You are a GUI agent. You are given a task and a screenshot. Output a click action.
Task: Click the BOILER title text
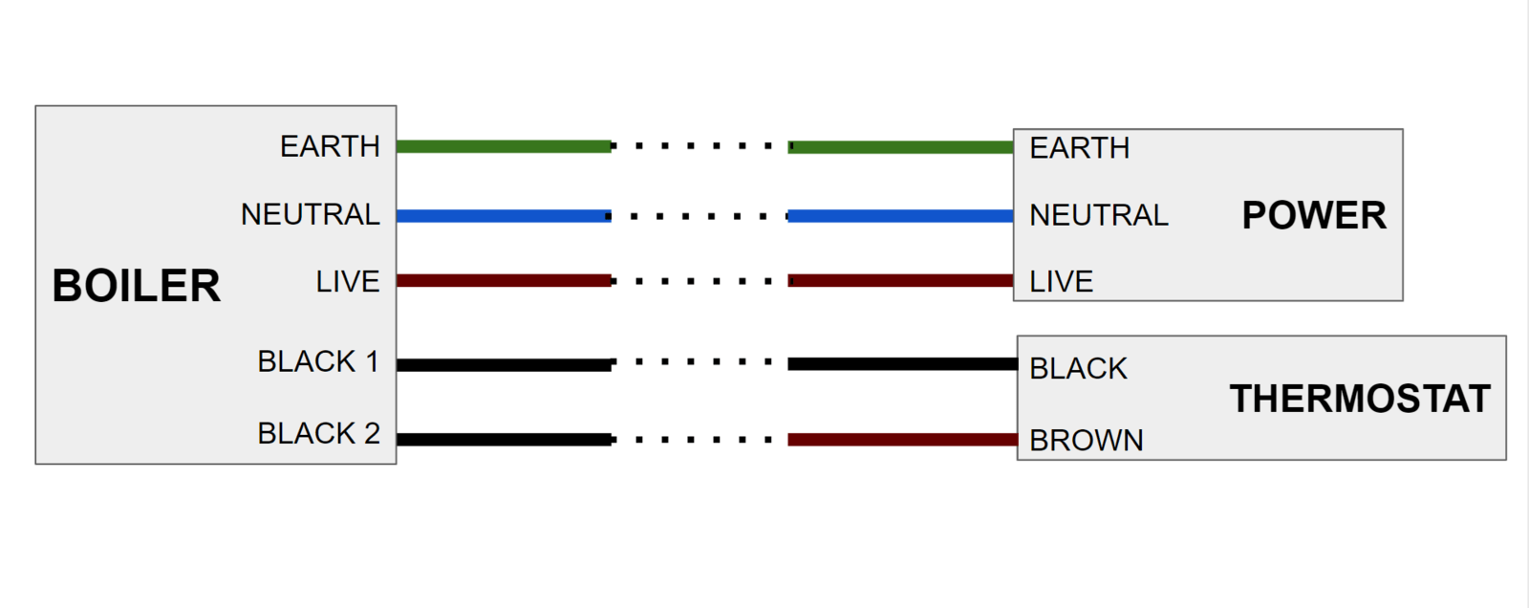[x=136, y=286]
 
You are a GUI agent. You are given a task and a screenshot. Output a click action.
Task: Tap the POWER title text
[x=1314, y=215]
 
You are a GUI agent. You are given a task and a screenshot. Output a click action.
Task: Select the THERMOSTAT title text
[x=1360, y=399]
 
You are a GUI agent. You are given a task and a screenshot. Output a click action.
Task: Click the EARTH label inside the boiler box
[x=330, y=146]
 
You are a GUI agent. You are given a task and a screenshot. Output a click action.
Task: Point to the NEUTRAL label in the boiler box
[x=310, y=214]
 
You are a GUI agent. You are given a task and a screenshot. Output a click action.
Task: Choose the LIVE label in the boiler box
[x=348, y=282]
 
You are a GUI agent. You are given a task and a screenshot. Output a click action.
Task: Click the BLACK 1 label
[x=318, y=361]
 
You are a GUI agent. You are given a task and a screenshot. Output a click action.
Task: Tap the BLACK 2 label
[x=318, y=433]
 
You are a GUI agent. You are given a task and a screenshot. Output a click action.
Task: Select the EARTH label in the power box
[x=1079, y=148]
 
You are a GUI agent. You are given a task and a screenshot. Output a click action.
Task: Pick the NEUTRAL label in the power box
[x=1098, y=215]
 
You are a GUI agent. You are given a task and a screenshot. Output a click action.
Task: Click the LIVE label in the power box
[x=1061, y=282]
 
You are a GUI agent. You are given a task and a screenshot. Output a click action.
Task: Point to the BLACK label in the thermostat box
[x=1078, y=368]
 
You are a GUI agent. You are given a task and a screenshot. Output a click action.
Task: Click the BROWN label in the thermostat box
[x=1087, y=440]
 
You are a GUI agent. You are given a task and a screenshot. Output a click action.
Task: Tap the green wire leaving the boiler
[x=504, y=146]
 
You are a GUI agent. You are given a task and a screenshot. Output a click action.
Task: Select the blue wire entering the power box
[x=900, y=216]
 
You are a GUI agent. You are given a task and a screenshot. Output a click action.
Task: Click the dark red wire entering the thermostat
[x=902, y=440]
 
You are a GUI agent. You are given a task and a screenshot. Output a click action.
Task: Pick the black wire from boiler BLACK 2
[x=504, y=440]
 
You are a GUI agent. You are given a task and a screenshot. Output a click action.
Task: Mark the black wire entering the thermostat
[x=902, y=364]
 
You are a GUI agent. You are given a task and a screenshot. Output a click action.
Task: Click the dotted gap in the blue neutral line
[x=699, y=216]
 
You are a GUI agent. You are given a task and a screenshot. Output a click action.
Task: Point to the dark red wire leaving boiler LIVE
[x=504, y=281]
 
